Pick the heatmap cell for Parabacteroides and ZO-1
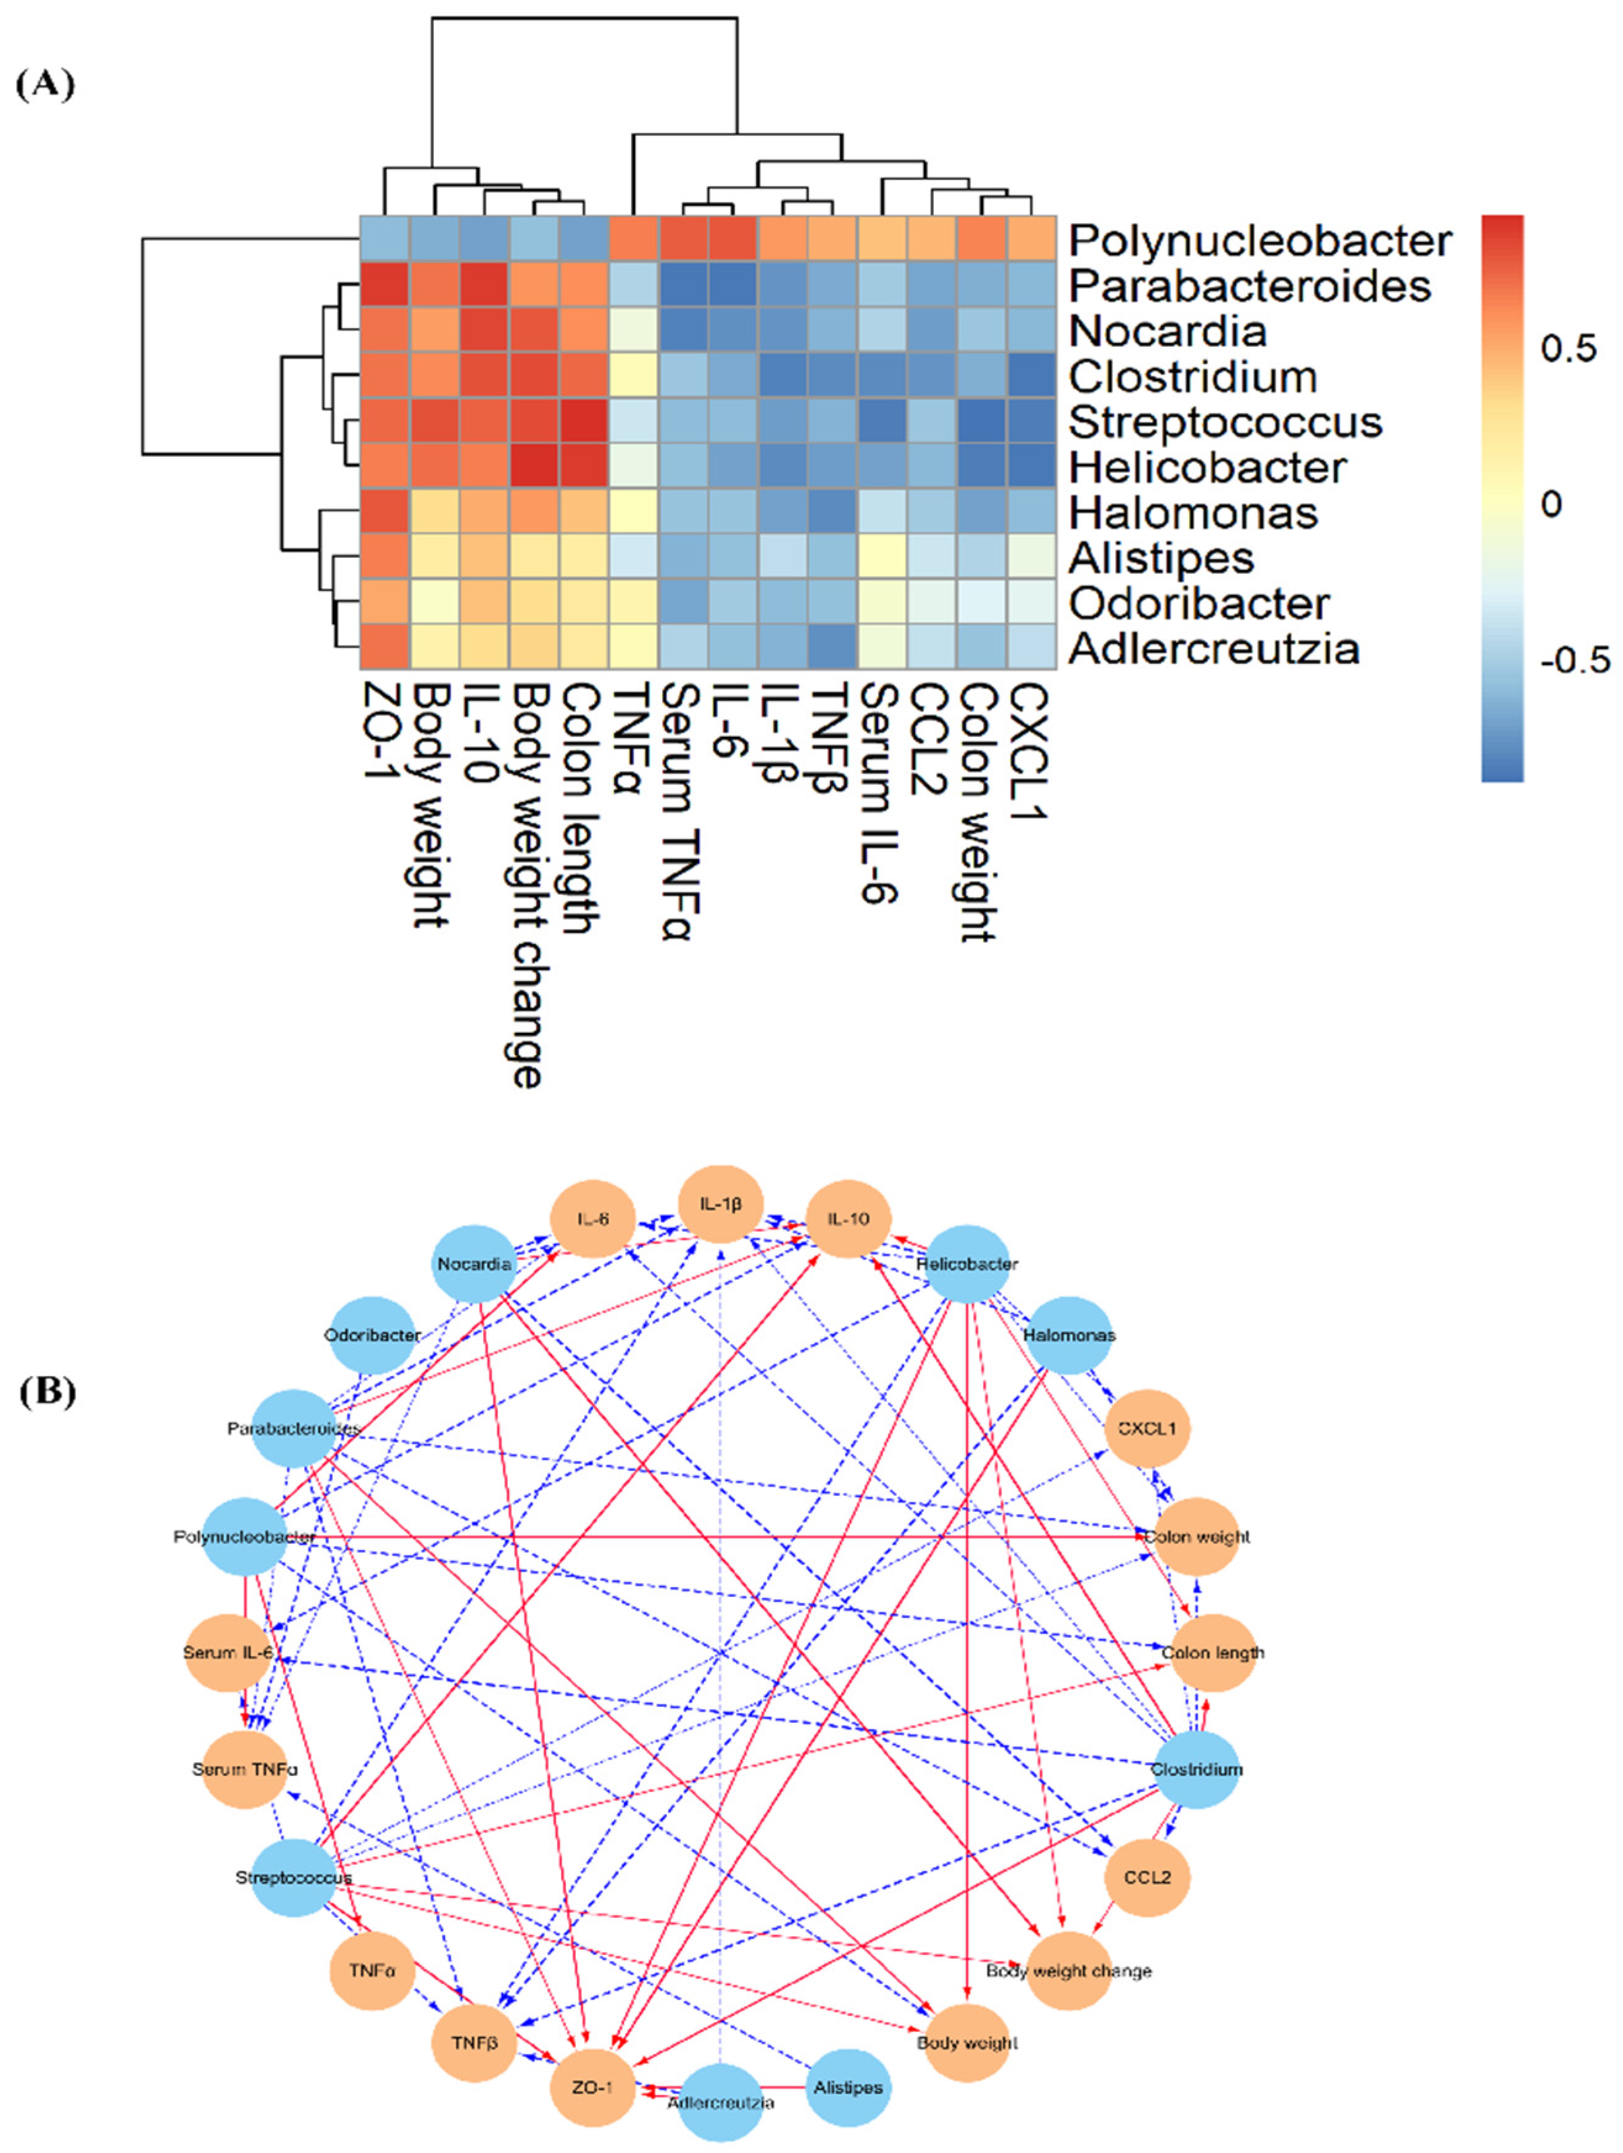[x=384, y=284]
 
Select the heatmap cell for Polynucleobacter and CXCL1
[x=1031, y=238]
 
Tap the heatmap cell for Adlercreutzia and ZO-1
[x=384, y=647]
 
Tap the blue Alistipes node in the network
[x=848, y=2088]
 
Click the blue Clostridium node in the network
[x=1197, y=1770]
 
